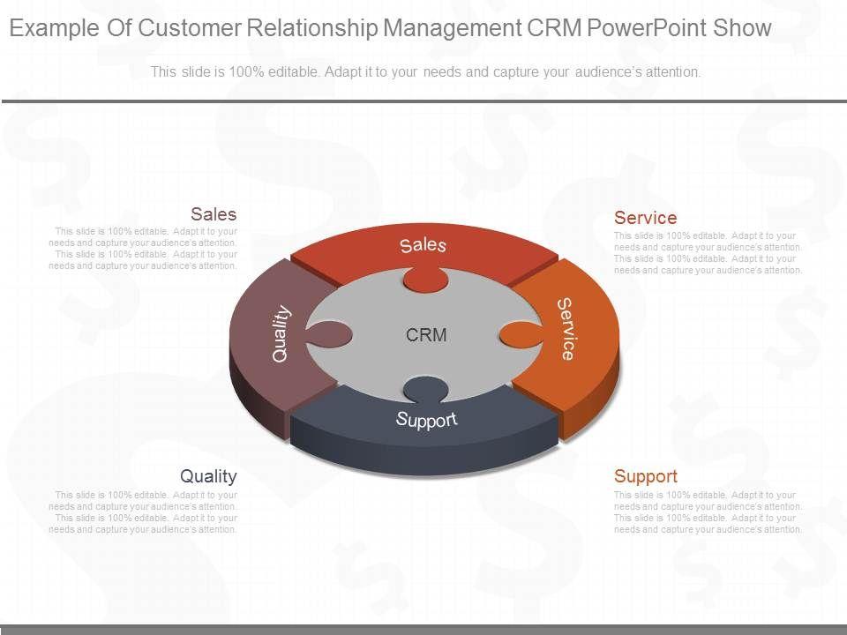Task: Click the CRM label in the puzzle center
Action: (x=426, y=335)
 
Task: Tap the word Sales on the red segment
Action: (x=423, y=245)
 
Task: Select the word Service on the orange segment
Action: (x=566, y=329)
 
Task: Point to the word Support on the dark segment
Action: (x=427, y=419)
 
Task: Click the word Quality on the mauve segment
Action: (x=281, y=333)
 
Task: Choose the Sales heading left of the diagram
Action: (x=214, y=214)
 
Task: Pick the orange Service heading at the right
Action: (x=645, y=218)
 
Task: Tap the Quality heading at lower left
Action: (x=208, y=476)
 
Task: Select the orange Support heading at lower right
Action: (x=645, y=476)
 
